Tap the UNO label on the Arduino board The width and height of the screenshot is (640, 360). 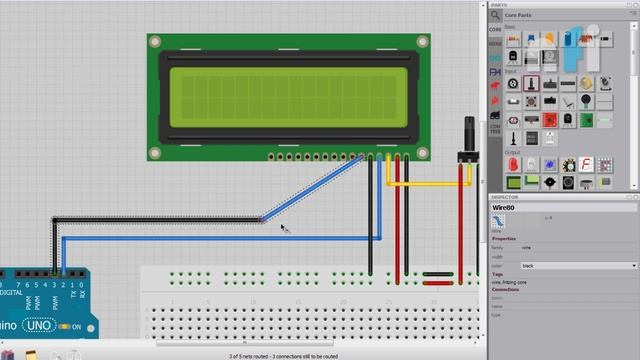(39, 326)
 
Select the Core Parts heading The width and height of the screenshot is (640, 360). (518, 16)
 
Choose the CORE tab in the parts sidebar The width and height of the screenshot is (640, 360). (495, 30)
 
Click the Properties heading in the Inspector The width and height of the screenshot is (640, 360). (504, 239)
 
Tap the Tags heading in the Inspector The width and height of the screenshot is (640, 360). (497, 275)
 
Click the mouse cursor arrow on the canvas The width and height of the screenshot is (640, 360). (284, 228)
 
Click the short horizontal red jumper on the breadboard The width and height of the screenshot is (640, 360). (437, 274)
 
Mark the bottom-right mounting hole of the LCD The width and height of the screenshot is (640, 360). (421, 152)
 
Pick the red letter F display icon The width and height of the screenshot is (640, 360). (587, 164)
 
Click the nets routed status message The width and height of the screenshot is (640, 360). (283, 355)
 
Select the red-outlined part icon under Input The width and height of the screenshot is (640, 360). (531, 84)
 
